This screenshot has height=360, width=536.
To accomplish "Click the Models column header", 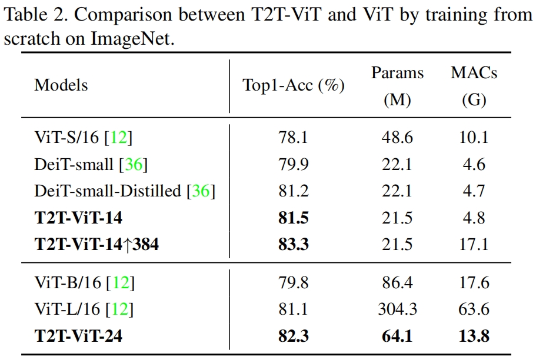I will (x=61, y=85).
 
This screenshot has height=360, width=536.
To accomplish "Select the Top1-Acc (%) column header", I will (x=294, y=85).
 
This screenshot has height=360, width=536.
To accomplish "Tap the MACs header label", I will (x=474, y=73).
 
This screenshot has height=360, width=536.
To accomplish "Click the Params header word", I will (x=397, y=73).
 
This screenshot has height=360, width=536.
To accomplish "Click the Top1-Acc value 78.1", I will (x=294, y=138).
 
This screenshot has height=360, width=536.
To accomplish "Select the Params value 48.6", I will (x=397, y=138).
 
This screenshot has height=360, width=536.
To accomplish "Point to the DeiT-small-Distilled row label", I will (x=109, y=191).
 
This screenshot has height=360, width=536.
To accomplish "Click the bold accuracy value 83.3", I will (x=294, y=244).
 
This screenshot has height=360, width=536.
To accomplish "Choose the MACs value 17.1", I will (x=474, y=244).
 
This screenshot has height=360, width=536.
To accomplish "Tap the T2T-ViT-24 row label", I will (x=79, y=336).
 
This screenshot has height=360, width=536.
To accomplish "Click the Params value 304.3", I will (x=397, y=309).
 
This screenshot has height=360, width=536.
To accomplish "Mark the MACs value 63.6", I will (x=474, y=309).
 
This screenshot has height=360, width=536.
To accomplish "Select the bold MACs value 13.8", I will (x=474, y=336).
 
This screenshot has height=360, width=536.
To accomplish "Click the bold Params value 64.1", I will (x=397, y=336).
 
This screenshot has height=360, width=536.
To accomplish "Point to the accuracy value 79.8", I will (x=294, y=283).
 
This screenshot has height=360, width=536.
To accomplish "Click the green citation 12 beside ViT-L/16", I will (x=124, y=309).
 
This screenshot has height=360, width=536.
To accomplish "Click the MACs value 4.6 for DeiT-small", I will (x=474, y=164).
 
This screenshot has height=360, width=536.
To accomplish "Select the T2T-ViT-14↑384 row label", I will (x=96, y=244).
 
